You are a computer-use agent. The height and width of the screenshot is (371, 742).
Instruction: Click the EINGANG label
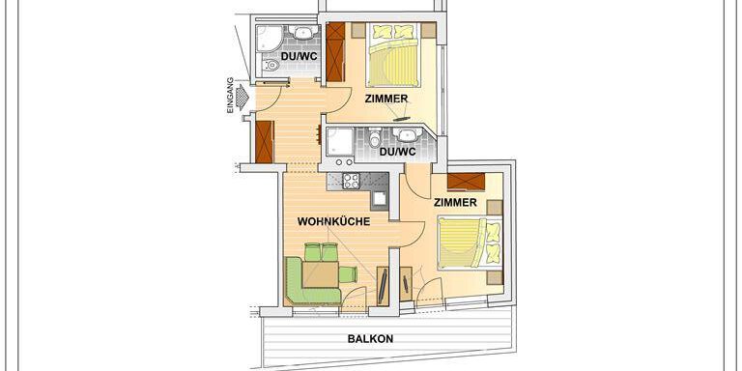click(x=231, y=95)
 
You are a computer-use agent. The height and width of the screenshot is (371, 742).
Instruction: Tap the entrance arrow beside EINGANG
click(x=243, y=98)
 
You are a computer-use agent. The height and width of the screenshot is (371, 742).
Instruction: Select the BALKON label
click(x=371, y=339)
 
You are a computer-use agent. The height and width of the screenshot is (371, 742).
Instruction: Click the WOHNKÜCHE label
click(x=333, y=221)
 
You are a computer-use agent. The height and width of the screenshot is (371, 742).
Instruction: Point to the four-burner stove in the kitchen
click(x=351, y=180)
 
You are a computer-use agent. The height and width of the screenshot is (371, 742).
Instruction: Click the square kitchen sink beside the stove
click(x=379, y=198)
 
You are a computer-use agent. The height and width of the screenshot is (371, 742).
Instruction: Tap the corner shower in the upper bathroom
click(x=269, y=38)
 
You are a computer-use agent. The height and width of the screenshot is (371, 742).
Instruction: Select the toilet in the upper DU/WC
click(x=270, y=65)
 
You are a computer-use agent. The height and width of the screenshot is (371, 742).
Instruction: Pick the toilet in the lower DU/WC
click(x=375, y=138)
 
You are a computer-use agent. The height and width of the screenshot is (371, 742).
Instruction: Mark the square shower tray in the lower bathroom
click(x=338, y=142)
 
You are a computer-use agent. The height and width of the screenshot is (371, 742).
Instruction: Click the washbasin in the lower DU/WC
click(x=407, y=135)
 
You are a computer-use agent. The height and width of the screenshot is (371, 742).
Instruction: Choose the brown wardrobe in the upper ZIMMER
click(x=335, y=52)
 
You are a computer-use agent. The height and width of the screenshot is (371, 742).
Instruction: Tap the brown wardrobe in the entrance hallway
click(x=265, y=142)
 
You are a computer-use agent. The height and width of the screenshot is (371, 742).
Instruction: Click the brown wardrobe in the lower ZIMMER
click(x=466, y=182)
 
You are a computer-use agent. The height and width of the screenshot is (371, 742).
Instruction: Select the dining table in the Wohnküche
click(x=321, y=274)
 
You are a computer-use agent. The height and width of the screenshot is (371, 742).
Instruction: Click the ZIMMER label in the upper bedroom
click(x=386, y=99)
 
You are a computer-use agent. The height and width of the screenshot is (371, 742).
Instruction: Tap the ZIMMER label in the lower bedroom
click(x=455, y=203)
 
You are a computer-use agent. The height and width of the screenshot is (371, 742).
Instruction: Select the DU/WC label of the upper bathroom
click(x=300, y=56)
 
